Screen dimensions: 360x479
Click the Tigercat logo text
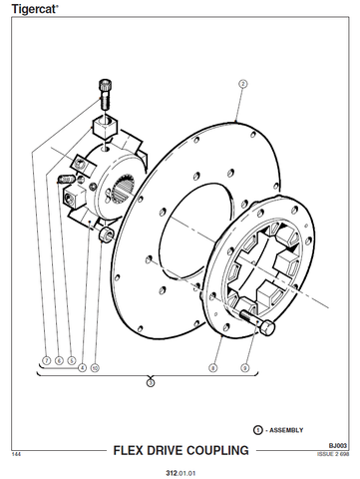[35, 9]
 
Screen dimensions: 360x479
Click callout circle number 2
[243, 84]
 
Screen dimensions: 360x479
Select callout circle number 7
[46, 360]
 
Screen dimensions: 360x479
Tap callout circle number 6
[59, 360]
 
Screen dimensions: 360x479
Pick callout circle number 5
[72, 360]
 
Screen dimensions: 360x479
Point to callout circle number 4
[82, 368]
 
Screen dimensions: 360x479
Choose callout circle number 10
[95, 368]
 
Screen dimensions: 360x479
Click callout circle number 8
[213, 368]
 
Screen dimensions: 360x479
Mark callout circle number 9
[245, 368]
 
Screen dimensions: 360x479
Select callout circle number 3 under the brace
[151, 383]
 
